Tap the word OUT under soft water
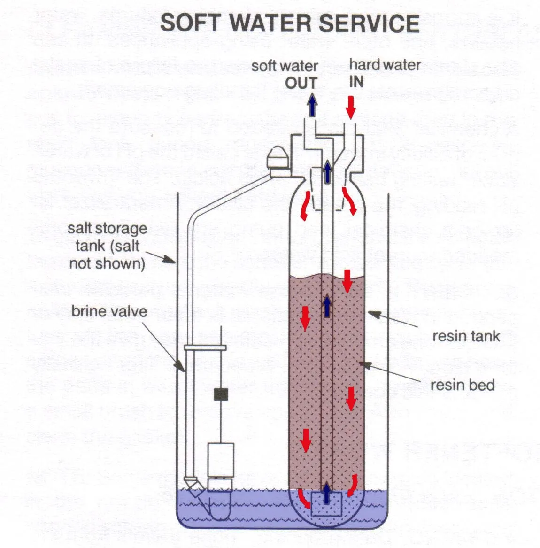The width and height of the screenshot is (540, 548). coord(301,84)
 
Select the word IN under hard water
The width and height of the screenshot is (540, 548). coord(356,82)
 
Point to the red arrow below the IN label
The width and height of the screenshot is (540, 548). coord(350,107)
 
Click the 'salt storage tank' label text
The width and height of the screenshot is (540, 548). coord(107,246)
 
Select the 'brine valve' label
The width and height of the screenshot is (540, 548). coord(109,311)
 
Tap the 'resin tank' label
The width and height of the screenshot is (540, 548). coord(466,336)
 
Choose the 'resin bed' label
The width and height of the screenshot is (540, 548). coord(463,385)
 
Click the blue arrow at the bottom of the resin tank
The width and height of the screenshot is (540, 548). coord(327,494)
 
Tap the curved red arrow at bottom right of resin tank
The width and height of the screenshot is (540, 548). coord(353,485)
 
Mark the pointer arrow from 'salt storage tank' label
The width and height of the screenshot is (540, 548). coord(167,259)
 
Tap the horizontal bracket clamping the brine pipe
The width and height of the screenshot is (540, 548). coord(205,348)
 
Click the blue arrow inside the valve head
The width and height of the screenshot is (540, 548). coord(327,172)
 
